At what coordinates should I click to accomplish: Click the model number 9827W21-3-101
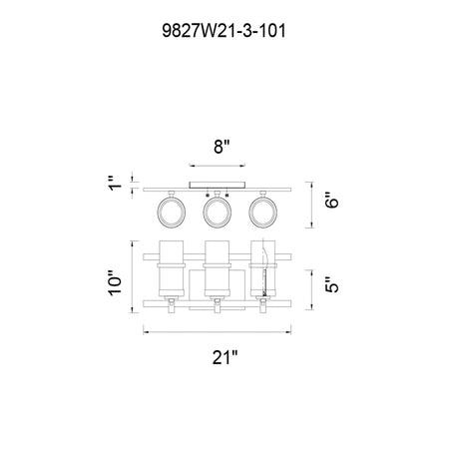[224, 31]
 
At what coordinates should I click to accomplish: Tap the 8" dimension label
[222, 147]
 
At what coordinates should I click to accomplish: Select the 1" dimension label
[115, 184]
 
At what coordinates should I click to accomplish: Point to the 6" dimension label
[331, 200]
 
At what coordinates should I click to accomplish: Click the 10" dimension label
[115, 282]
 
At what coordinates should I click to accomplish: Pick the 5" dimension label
[331, 284]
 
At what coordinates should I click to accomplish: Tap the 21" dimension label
[225, 357]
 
